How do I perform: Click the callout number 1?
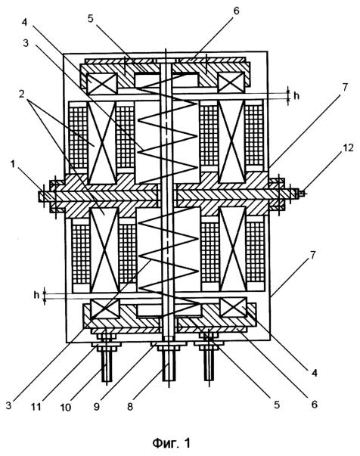(x=12, y=164)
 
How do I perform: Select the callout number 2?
(x=21, y=94)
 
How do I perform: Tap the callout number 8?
(x=130, y=406)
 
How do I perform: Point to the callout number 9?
(x=96, y=406)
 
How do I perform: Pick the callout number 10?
(x=66, y=407)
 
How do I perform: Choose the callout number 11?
(x=36, y=407)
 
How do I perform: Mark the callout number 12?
(x=348, y=148)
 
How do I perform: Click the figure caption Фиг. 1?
(x=172, y=443)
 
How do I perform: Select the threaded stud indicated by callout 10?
(x=107, y=364)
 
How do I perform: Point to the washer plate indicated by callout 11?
(x=106, y=344)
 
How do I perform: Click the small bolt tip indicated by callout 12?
(x=302, y=193)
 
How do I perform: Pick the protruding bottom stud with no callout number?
(x=209, y=364)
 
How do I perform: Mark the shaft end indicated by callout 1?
(x=44, y=197)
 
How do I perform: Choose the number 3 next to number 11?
(x=8, y=405)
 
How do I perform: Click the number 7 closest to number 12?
(x=345, y=87)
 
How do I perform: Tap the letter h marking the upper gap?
(x=296, y=96)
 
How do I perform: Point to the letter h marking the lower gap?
(x=36, y=295)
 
